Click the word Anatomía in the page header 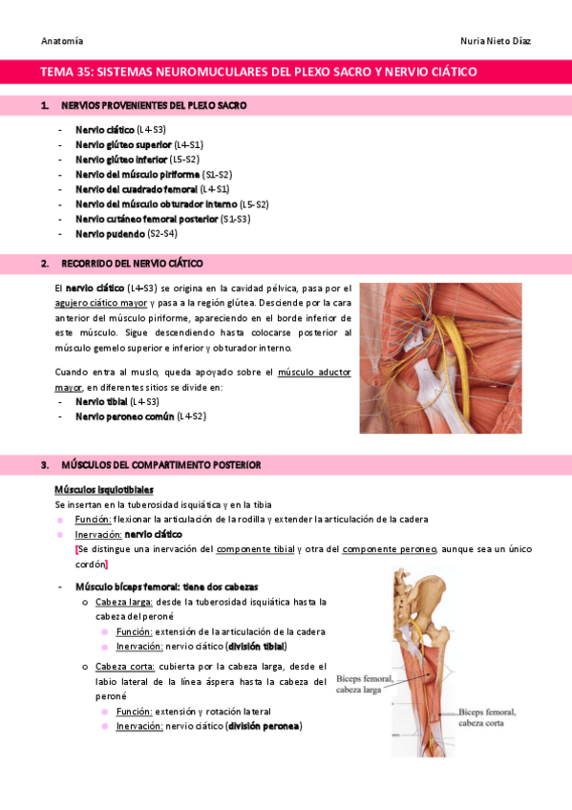point(62,41)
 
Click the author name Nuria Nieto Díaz point(497,41)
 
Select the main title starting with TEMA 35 point(258,72)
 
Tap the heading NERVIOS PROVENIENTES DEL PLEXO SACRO point(154,105)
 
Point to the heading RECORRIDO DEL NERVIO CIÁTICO point(132,263)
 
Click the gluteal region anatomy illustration point(440,358)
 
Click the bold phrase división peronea point(264,726)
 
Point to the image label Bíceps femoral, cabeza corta point(487,717)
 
